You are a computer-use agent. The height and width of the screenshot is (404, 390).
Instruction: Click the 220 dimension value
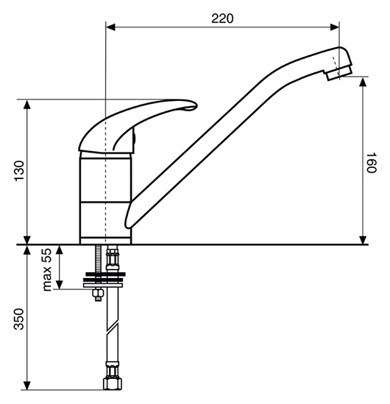click(x=222, y=18)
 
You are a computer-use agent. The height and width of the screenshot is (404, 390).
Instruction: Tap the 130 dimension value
click(x=19, y=171)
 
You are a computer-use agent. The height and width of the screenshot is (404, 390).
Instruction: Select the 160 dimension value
click(x=371, y=163)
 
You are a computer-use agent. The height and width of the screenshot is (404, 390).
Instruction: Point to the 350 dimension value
click(x=19, y=319)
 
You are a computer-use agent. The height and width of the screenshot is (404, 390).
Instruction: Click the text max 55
click(x=47, y=270)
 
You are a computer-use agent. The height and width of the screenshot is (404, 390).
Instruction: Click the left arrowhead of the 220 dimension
click(x=110, y=27)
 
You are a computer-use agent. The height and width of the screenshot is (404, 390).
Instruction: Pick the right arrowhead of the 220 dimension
click(x=334, y=27)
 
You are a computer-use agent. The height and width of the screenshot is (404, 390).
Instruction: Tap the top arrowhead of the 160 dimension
click(x=363, y=82)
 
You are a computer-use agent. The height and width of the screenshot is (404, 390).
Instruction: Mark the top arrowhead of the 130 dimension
click(x=27, y=105)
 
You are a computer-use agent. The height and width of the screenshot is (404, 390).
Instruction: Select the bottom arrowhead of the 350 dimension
click(x=27, y=386)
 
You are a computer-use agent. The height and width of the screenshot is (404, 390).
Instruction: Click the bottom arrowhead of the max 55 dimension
click(x=60, y=284)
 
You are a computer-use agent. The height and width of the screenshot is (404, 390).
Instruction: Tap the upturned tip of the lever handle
click(x=193, y=106)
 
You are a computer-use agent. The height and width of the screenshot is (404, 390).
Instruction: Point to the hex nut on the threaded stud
click(x=98, y=293)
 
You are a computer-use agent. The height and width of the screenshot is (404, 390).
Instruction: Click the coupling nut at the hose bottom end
click(x=113, y=383)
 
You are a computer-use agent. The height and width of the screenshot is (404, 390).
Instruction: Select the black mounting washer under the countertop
click(x=105, y=274)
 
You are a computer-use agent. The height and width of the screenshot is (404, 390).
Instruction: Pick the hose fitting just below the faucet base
click(x=112, y=258)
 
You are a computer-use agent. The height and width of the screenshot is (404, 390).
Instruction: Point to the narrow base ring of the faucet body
click(x=105, y=240)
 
